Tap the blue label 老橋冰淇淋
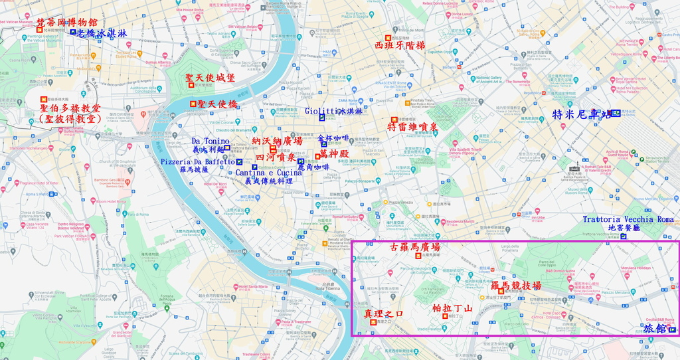pos(102,33)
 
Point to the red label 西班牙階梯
pos(399,46)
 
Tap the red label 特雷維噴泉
pos(412,127)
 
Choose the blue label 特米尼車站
pos(582,114)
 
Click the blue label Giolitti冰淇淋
pos(334,112)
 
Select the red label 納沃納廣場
pos(277,141)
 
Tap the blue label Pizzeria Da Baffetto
pos(198,161)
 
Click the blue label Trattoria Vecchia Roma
pos(628,219)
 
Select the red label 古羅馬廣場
pos(415,247)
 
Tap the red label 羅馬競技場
pos(516,285)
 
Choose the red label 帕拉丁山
pos(452,308)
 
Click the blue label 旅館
pos(655,329)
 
